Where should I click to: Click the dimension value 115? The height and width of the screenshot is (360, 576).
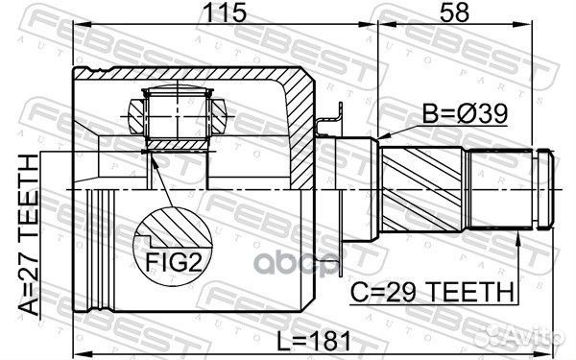[223, 13]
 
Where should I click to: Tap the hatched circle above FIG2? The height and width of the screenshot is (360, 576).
[174, 231]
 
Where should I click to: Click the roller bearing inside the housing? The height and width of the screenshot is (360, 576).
[175, 114]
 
